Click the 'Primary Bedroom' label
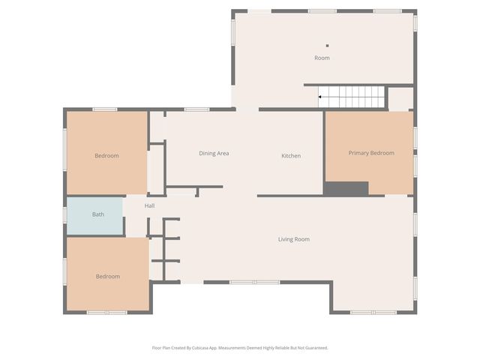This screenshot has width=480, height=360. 370,153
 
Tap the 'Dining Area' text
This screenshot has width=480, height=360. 214,154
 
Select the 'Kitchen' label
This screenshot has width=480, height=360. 291,156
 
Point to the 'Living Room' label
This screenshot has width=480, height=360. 293,239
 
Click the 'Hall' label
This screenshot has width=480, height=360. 150,205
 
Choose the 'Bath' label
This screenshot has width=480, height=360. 98,214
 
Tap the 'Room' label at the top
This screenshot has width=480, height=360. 322,58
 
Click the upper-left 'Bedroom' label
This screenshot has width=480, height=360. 106,156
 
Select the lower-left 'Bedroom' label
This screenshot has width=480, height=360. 107,277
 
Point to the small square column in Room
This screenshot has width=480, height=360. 327,46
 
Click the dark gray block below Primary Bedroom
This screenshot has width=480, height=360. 346,189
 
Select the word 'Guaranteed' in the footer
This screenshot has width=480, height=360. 313,348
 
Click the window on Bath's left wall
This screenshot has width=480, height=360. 65,215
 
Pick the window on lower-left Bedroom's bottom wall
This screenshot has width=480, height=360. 106,312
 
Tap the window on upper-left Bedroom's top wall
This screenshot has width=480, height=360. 105,109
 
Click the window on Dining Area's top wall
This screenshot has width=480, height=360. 196,109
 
